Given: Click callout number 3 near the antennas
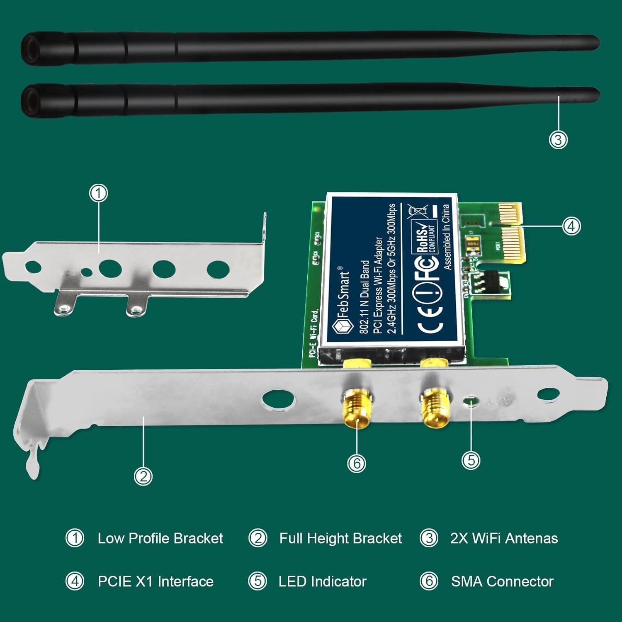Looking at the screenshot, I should click(x=558, y=139).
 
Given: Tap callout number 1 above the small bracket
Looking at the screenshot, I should click(x=98, y=193).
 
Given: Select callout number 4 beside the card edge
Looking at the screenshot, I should click(x=571, y=226).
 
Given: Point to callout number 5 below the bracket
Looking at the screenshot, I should click(x=471, y=460).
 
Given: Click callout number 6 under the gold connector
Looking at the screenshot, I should click(x=357, y=463).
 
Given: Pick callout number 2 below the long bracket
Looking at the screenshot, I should click(x=143, y=476).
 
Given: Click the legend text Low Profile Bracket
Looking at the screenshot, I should click(x=160, y=538).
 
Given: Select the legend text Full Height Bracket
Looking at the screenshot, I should click(x=340, y=538).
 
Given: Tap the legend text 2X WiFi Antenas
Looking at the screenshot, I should click(x=504, y=538).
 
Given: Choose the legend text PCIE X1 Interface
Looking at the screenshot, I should click(x=155, y=581).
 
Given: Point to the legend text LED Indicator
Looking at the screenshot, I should click(x=323, y=581).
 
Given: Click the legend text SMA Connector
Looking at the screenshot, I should click(x=502, y=581).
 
